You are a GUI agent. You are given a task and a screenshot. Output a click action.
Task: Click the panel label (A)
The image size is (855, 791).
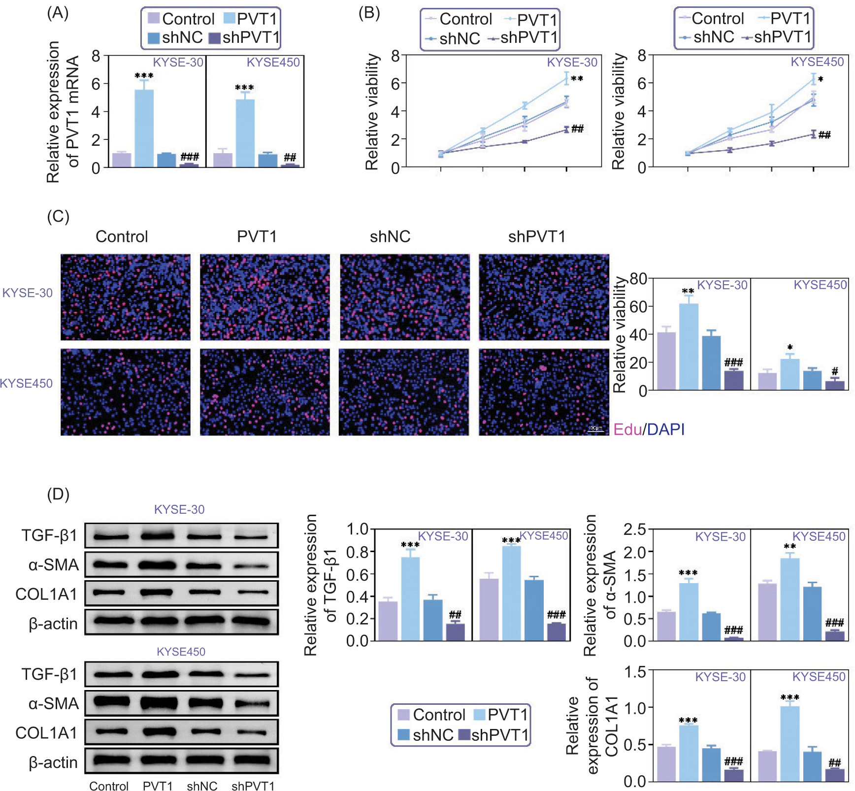coord(58,13)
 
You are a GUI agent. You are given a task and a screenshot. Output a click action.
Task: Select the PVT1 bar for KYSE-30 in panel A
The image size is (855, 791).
coord(144,128)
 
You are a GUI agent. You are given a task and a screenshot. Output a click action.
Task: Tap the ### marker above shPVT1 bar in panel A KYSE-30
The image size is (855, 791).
coord(190,157)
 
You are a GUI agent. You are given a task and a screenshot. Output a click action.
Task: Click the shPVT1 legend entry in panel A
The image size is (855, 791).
coord(244,37)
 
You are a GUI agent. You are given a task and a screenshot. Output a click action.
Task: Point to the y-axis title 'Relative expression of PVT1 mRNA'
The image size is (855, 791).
coord(63,112)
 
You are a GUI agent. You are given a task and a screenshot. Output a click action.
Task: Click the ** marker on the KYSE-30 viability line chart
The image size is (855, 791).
coord(577,79)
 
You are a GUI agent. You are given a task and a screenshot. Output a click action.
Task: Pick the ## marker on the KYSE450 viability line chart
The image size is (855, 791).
coord(824,135)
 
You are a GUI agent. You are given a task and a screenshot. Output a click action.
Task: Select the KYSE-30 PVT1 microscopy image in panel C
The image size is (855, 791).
coord(265,297)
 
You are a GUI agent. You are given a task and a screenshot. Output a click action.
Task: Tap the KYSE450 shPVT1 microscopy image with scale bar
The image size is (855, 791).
coord(544,392)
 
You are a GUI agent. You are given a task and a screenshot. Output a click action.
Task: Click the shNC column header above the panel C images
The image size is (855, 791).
coord(390,237)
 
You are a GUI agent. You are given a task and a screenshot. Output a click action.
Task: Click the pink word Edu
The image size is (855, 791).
coord(627,429)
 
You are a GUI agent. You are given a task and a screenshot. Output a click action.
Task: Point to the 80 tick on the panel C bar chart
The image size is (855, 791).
coord(638,279)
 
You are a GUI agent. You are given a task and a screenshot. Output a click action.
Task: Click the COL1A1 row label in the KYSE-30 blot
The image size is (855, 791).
coord(46,594)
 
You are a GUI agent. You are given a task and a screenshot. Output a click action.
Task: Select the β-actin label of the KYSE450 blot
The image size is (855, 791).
coord(53,763)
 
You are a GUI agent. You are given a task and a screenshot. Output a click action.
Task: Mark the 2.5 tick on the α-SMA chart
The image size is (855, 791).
coord(635,530)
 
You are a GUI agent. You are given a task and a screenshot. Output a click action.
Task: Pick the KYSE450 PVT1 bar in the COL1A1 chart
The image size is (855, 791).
coord(789,743)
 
